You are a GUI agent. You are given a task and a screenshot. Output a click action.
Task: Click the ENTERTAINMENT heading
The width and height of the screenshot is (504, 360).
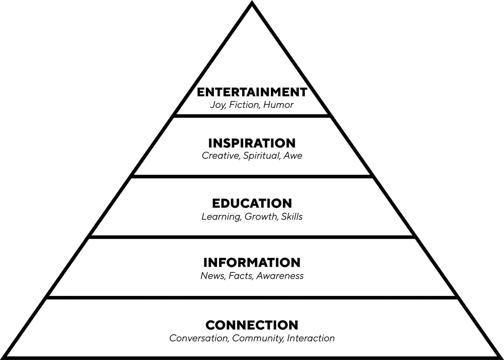tap(252, 92)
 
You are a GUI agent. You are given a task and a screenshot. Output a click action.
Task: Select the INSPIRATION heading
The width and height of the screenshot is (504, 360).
tap(252, 143)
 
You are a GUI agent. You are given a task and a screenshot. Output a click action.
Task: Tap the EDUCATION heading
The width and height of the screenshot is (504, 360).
tap(252, 203)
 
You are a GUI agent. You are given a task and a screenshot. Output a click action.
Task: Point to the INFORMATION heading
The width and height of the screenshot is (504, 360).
tap(252, 262)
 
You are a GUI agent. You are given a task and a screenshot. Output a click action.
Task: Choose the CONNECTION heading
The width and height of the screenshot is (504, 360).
tap(252, 325)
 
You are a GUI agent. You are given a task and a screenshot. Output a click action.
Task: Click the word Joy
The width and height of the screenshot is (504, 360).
tap(218, 105)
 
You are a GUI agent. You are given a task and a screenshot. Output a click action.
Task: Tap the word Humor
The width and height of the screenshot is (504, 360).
tap(278, 105)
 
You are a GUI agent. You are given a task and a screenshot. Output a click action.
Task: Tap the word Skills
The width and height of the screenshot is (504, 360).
tap(292, 216)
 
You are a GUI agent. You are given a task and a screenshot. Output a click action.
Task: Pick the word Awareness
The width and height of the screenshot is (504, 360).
tap(280, 276)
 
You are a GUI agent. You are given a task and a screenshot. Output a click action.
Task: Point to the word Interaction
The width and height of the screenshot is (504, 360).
tap(311, 338)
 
